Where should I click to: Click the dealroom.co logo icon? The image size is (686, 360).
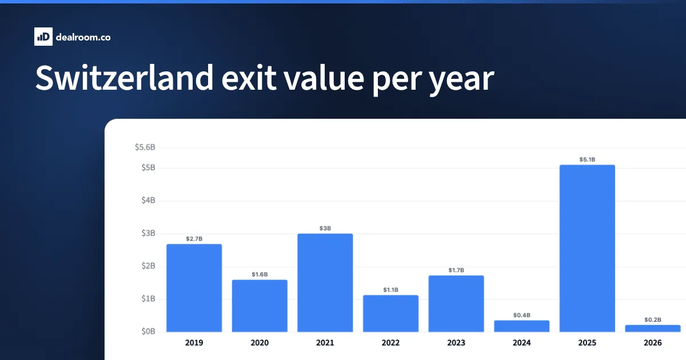pos(43,37)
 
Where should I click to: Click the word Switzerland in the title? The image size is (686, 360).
pos(125,78)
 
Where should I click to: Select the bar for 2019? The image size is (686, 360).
pos(194,288)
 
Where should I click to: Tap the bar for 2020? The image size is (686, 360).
pos(260,306)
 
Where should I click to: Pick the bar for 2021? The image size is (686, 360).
pos(325,282)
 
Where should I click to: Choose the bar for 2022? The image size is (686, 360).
pos(391,314)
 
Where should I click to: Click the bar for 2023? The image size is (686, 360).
pos(456,303)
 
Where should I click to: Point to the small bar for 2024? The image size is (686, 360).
pos(522,326)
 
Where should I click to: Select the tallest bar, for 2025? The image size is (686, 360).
pos(588,248)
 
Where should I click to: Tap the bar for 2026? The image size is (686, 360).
pos(653,329)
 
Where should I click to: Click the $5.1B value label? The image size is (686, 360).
pos(588,159)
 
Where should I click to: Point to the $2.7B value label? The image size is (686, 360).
pos(194,239)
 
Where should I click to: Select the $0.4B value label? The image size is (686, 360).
pos(522,315)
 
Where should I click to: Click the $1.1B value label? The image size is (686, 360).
pos(391,290)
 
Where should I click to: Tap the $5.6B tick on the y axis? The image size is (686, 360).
pos(145,147)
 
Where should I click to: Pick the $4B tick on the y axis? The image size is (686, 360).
pos(148,200)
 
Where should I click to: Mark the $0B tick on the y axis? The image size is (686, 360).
pos(148,331)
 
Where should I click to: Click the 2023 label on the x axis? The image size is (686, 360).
pos(456,343)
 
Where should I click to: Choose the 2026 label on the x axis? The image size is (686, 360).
pos(653,343)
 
